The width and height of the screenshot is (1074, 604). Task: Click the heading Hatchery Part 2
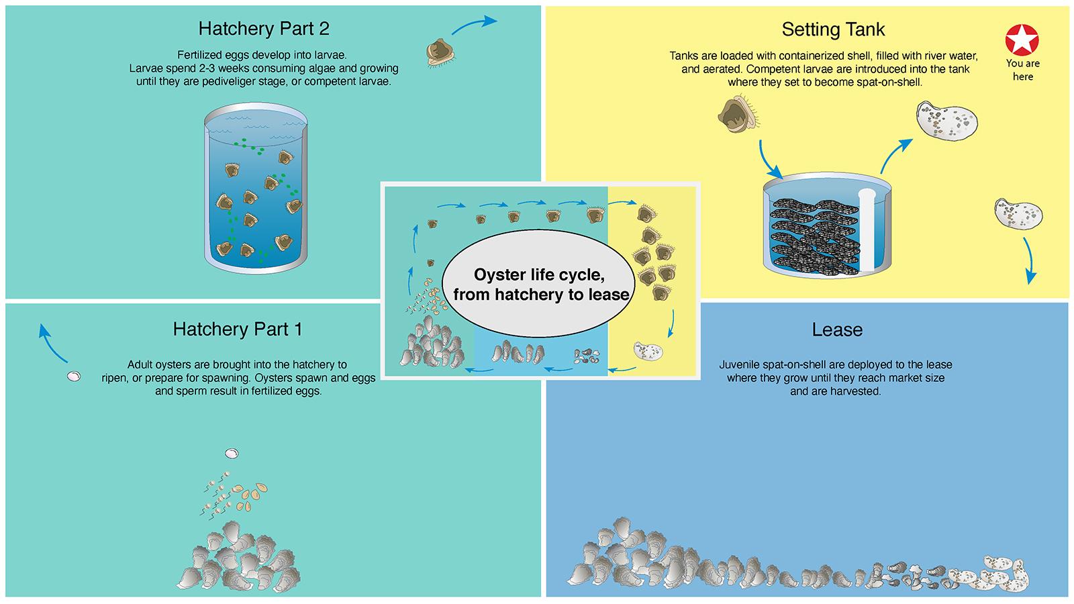pyautogui.click(x=264, y=29)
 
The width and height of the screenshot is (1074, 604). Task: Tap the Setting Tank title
pyautogui.click(x=833, y=30)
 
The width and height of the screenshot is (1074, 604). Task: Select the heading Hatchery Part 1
pyautogui.click(x=238, y=329)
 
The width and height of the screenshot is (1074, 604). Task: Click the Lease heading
pyautogui.click(x=837, y=330)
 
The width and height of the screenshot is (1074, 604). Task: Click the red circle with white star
pyautogui.click(x=1022, y=40)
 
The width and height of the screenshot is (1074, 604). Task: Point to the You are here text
pyautogui.click(x=1022, y=70)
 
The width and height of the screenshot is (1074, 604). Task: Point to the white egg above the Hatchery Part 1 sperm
pyautogui.click(x=232, y=454)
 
